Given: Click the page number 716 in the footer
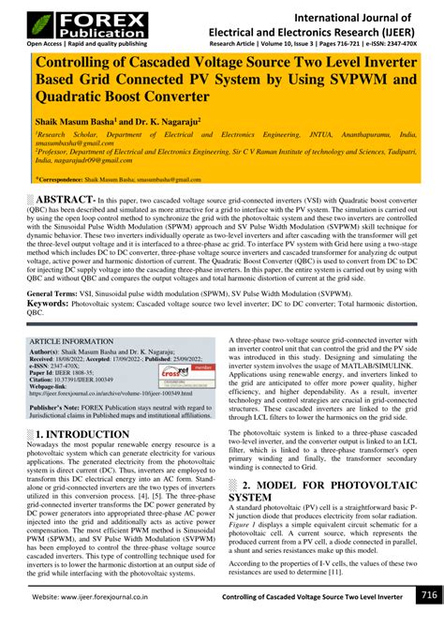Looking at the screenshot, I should (427, 596).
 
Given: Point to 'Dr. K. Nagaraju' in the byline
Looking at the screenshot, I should (181, 122).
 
